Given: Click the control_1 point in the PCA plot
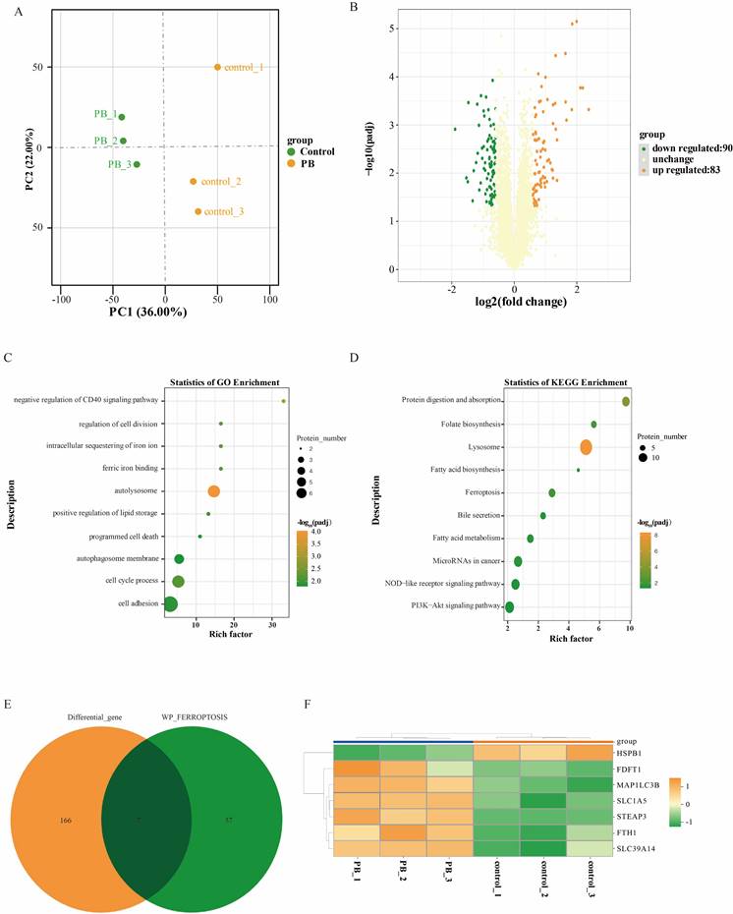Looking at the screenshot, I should click(217, 67).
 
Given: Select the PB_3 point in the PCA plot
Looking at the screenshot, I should click(137, 164).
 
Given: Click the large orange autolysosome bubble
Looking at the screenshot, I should click(213, 491).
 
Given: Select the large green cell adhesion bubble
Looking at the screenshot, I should click(171, 604).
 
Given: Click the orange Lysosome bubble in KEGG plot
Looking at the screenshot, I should click(587, 447).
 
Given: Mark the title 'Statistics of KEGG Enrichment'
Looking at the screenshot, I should click(567, 380).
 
